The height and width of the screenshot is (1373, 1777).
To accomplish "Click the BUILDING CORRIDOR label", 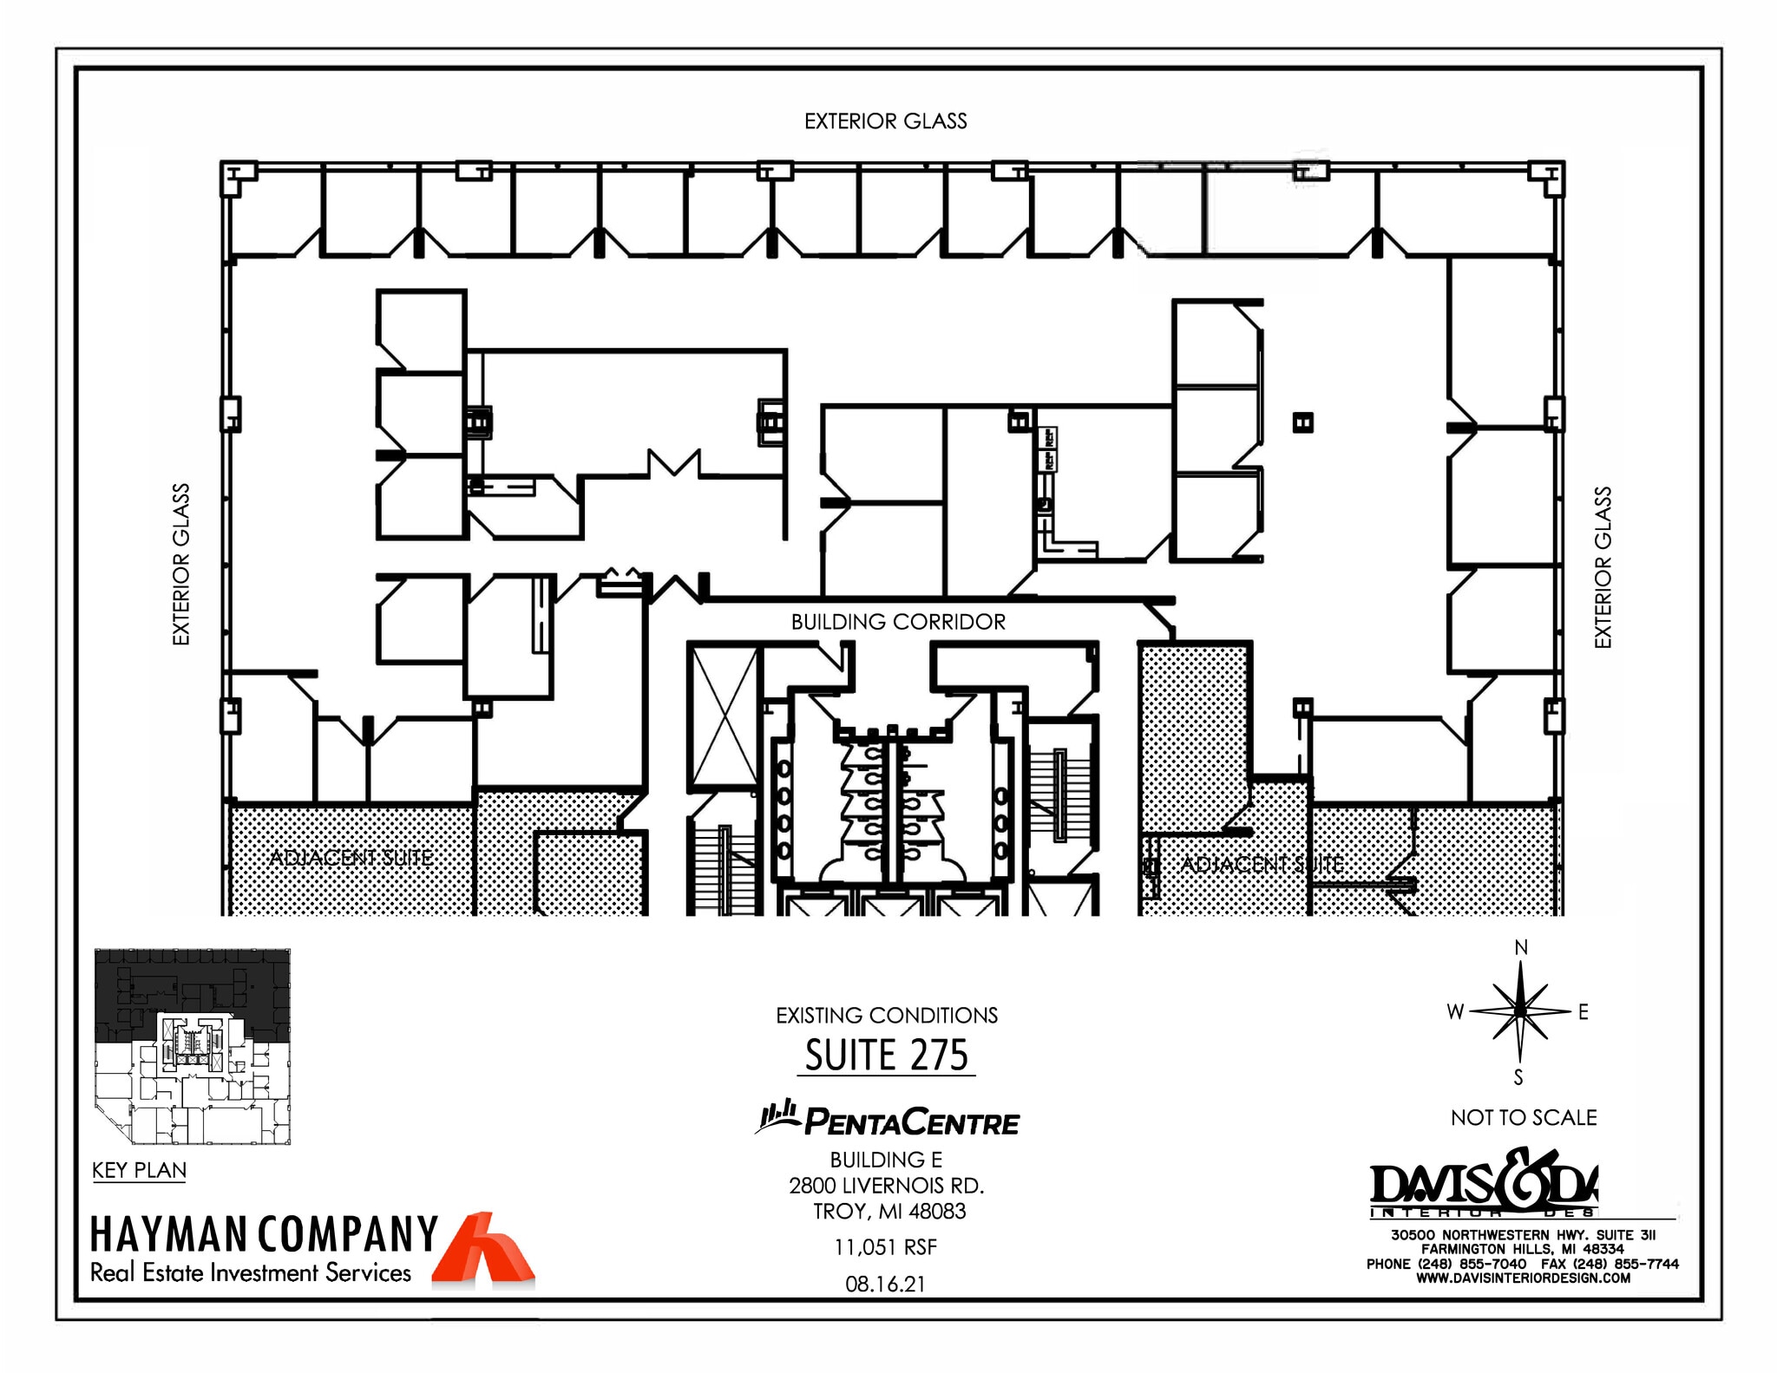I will [x=898, y=622].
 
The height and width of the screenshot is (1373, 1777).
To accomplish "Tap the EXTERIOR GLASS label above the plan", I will [x=885, y=121].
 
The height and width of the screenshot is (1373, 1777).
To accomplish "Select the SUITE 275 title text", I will [x=886, y=1056].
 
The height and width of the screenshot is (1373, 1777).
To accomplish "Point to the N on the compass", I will [x=1520, y=948].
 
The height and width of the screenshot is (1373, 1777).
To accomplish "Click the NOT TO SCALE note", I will [x=1524, y=1117].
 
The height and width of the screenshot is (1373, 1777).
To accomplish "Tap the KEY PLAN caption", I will [x=139, y=1170].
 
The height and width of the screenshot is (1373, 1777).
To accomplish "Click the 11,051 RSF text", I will [x=885, y=1247].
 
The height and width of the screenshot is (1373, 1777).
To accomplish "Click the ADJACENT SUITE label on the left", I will [x=351, y=859].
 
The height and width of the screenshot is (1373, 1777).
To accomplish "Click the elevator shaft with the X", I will [x=722, y=716].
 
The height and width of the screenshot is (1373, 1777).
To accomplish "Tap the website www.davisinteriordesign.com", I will [x=1523, y=1278].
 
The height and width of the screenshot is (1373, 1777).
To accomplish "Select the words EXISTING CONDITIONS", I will [x=886, y=1016].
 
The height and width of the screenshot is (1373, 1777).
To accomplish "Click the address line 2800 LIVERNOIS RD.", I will [x=886, y=1186].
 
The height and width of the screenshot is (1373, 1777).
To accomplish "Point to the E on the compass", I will [x=1583, y=1012].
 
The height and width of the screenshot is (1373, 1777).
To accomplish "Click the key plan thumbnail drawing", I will [x=192, y=1047].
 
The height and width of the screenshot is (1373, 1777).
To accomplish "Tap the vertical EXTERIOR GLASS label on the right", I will [x=1603, y=567].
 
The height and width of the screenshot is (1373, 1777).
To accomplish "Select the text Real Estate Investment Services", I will [x=251, y=1273].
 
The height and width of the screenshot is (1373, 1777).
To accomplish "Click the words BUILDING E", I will [x=886, y=1160].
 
